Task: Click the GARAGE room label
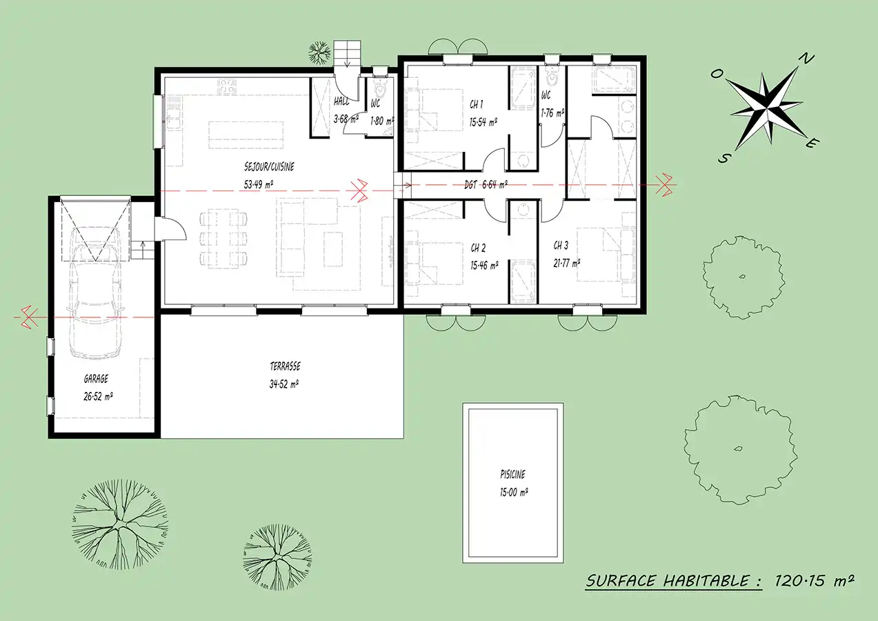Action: coord(96,379)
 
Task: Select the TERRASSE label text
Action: coord(285,366)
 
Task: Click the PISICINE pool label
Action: coord(512,475)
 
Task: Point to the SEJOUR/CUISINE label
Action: coord(269,167)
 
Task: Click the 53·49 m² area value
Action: coord(259,184)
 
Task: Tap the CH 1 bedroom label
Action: coord(476,104)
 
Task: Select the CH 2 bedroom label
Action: coord(478,248)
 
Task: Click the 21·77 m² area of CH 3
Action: coord(567,263)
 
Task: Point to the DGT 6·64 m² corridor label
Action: coord(486,184)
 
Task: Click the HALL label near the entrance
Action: coord(341,101)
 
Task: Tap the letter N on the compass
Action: coord(807,59)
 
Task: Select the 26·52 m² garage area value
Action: coord(98,396)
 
